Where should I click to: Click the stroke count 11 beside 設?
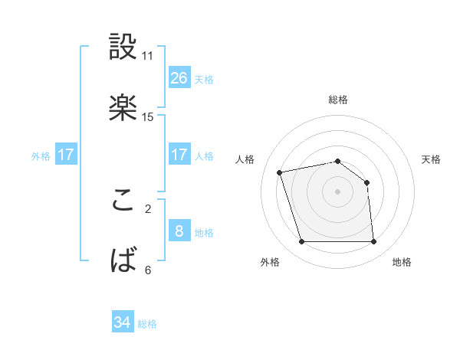coord(148,56)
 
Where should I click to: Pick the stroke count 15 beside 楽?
coord(148,116)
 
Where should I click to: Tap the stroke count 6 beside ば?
coord(148,270)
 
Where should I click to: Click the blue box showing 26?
coord(179,77)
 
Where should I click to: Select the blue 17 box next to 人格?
coord(179,155)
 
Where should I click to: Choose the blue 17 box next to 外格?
coord(66,155)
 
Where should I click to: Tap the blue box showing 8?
coord(179,231)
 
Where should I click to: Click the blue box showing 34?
coord(122,322)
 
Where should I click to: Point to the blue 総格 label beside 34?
coord(147,324)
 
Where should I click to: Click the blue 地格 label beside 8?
coord(204,233)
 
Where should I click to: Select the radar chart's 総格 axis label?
coord(338,100)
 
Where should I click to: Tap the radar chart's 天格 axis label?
coord(432,159)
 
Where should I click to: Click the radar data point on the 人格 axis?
coord(280,172)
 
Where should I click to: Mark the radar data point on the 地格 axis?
coord(373,242)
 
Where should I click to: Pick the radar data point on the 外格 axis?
coord(301,242)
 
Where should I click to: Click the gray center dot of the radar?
coord(337,191)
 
